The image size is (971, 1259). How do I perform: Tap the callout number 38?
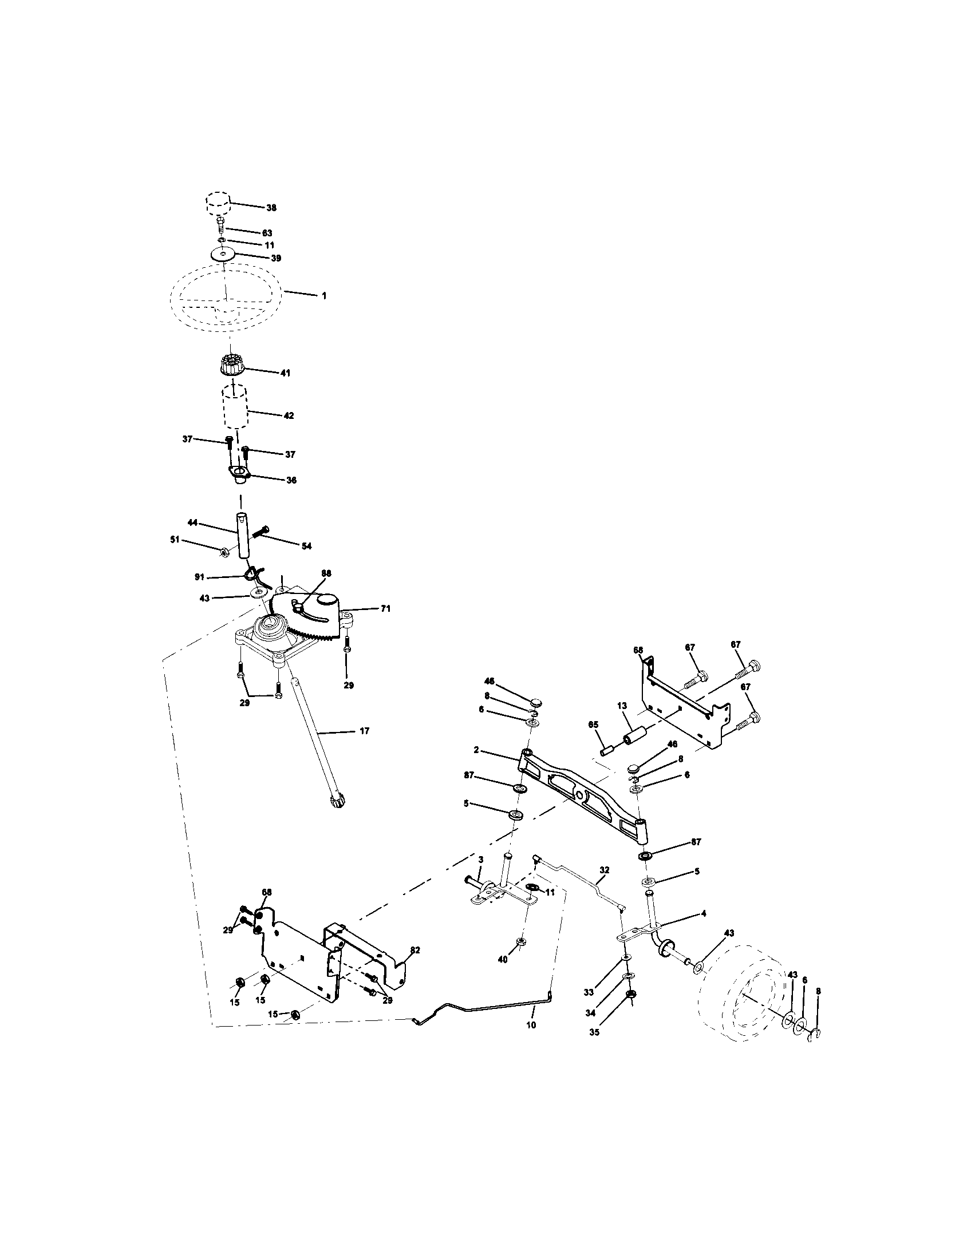tap(271, 208)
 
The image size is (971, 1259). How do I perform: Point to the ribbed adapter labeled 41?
tap(232, 367)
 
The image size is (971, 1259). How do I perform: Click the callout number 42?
tap(289, 415)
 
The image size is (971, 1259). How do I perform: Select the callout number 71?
tap(385, 608)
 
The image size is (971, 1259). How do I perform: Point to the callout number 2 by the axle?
tap(477, 750)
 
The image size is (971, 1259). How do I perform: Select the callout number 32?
tap(604, 869)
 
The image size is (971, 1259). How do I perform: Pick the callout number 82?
tap(415, 950)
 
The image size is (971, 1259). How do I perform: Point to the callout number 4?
tap(704, 914)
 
